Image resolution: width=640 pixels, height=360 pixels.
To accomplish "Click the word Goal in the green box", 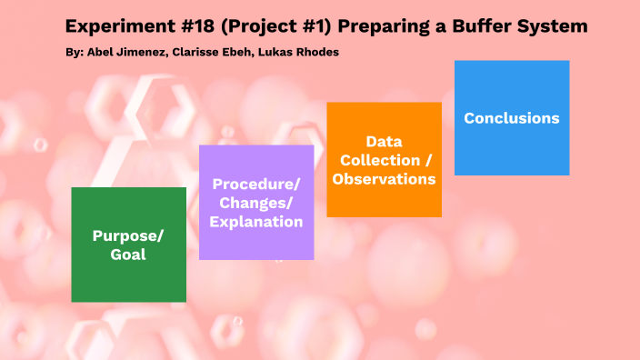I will [x=128, y=255].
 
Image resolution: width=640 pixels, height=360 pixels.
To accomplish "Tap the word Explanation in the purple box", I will [x=256, y=221].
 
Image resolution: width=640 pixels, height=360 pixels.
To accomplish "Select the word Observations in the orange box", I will [x=384, y=179].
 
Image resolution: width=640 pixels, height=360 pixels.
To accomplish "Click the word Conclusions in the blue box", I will [x=511, y=118].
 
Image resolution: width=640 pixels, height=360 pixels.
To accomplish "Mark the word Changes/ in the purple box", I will [x=256, y=203].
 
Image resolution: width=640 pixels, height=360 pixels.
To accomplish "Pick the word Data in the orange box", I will [x=384, y=142].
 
